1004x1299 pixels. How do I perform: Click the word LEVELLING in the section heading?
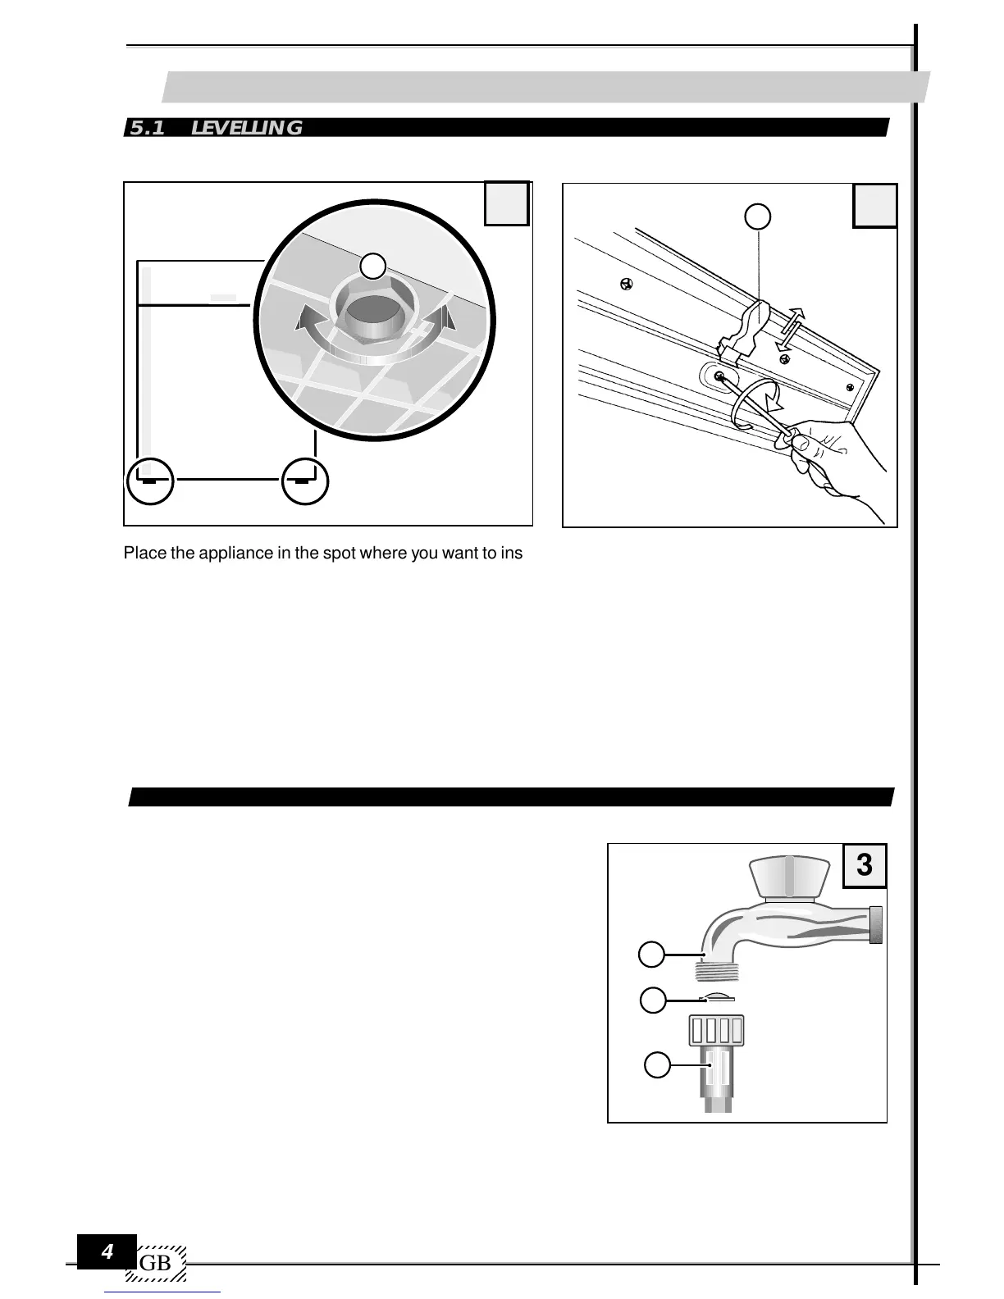[x=246, y=128]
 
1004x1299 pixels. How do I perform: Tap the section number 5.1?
[x=148, y=128]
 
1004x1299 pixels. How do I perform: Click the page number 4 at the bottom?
[x=107, y=1252]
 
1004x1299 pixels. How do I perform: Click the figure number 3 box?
[x=865, y=865]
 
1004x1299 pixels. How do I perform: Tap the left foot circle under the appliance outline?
[x=151, y=481]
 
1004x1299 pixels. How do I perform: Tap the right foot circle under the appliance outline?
[x=304, y=481]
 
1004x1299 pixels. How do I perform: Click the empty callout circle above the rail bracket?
[x=758, y=216]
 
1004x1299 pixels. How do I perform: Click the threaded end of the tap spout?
[x=717, y=972]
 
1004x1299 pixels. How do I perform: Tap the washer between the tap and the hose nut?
[x=716, y=997]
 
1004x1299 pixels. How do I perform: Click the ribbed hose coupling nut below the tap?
[x=715, y=1031]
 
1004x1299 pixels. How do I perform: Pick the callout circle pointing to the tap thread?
[x=652, y=955]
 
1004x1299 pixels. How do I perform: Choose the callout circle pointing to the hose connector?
[x=656, y=1066]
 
